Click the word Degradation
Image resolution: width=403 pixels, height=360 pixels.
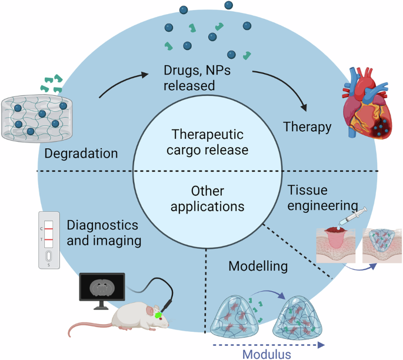pyautogui.click(x=81, y=153)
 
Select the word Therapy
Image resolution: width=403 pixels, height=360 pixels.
pyautogui.click(x=307, y=126)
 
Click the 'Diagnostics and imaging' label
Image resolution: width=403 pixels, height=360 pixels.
pyautogui.click(x=102, y=234)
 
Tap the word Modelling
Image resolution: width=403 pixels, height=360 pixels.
pyautogui.click(x=258, y=266)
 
